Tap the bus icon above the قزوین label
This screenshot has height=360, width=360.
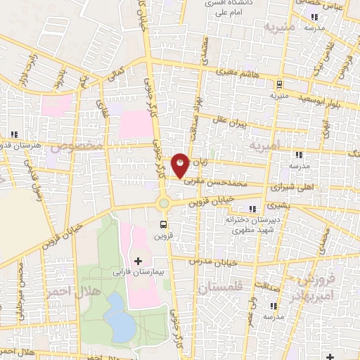[x=164, y=226]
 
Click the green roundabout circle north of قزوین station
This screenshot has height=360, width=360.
[x=164, y=203]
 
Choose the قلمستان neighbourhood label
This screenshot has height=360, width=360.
[x=220, y=288]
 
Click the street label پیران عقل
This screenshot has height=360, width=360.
[x=232, y=126]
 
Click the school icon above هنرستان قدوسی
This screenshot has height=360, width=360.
[x=14, y=134]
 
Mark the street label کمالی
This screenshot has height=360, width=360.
[x=115, y=73]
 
